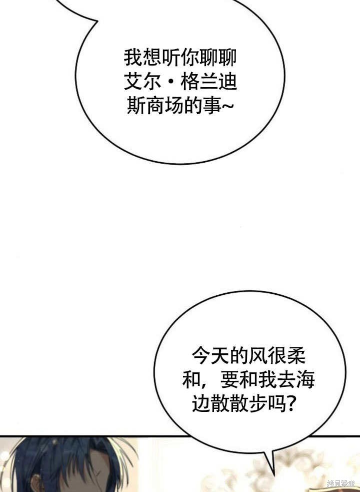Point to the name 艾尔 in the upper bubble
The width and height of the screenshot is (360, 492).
tap(142, 82)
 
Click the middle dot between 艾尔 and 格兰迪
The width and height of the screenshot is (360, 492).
tap(171, 82)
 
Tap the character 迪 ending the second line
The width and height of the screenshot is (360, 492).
tap(227, 82)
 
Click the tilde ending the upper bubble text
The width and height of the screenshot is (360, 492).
tap(227, 107)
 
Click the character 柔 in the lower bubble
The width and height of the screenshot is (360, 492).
tap(295, 356)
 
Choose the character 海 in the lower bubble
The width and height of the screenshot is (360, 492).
tap(305, 380)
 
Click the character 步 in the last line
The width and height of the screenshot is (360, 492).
tap(257, 404)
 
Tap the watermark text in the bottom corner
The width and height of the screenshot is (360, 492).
tap(341, 483)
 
